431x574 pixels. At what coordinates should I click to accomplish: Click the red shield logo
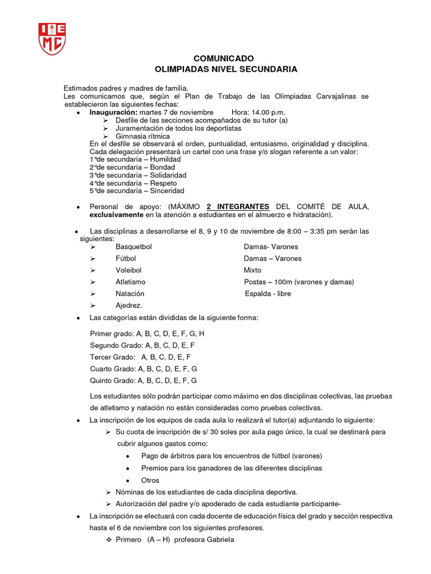click(52, 39)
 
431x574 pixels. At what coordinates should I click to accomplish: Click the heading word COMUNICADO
click(223, 58)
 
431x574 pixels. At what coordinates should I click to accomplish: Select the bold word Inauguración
click(113, 112)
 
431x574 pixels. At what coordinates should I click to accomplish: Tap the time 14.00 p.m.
click(269, 112)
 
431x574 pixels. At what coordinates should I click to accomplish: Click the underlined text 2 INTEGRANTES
click(238, 207)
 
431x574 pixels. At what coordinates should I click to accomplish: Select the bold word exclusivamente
click(116, 215)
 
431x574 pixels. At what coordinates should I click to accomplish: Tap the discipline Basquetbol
click(134, 247)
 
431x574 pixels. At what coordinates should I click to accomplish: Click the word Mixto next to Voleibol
click(253, 270)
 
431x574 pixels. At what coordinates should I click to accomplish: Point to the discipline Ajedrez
click(129, 305)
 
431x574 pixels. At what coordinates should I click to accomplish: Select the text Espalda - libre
click(268, 294)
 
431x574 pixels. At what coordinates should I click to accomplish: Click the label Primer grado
click(112, 334)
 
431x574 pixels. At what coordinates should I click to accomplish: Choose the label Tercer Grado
click(112, 357)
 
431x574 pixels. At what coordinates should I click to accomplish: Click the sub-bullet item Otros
click(150, 480)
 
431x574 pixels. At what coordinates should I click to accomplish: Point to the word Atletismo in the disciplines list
click(130, 282)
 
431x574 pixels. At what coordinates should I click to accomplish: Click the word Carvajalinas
click(329, 96)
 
